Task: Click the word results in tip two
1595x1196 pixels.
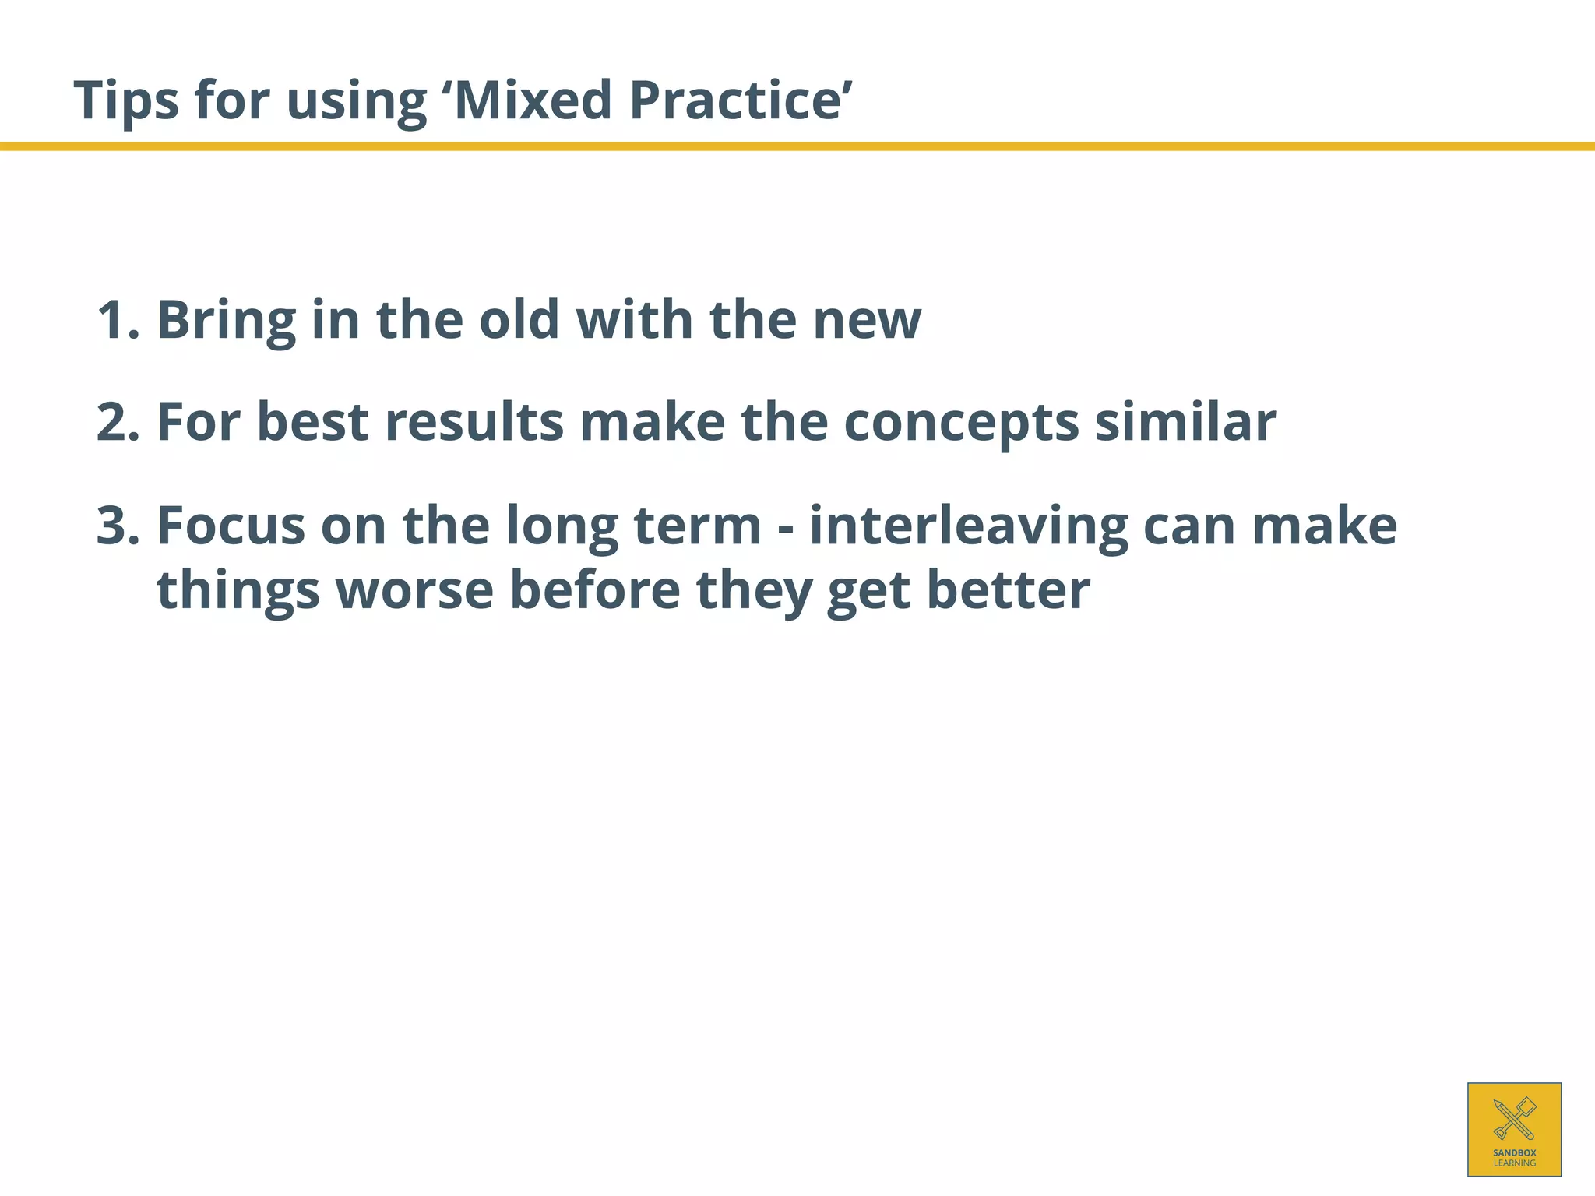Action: click(x=474, y=423)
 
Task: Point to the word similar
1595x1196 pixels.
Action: click(x=1185, y=423)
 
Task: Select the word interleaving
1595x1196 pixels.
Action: click(x=968, y=526)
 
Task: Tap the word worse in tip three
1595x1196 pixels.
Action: click(x=414, y=590)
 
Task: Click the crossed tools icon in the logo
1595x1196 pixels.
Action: click(x=1514, y=1118)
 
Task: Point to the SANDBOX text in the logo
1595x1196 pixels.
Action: click(x=1514, y=1152)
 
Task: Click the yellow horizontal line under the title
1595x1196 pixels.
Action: click(x=797, y=146)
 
